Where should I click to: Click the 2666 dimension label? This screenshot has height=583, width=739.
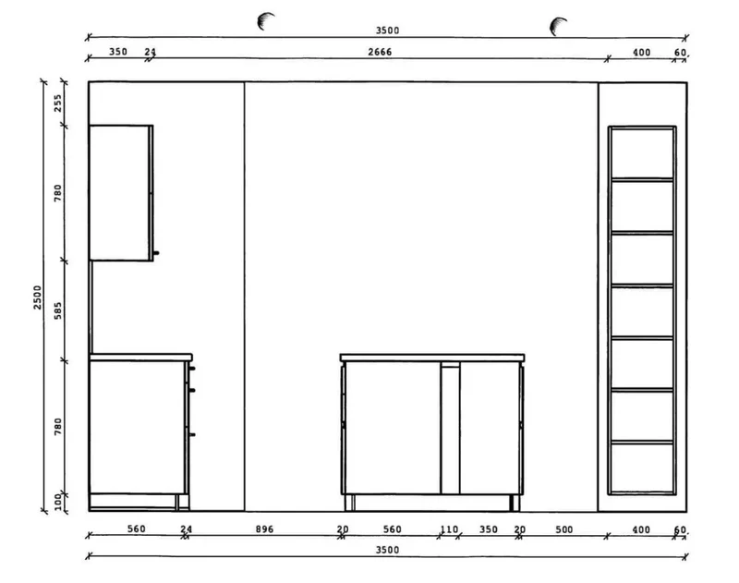[380, 52]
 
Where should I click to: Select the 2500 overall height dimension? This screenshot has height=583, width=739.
[38, 298]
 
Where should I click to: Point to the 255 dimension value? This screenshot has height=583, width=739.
[57, 103]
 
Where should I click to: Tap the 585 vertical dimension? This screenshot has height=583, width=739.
[57, 310]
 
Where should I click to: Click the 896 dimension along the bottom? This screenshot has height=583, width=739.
[264, 529]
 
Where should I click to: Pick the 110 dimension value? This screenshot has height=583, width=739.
[449, 529]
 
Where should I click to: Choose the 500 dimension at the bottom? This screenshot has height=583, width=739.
[564, 529]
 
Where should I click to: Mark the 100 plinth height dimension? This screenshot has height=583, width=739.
[57, 502]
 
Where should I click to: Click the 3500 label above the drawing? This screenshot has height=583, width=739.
[387, 30]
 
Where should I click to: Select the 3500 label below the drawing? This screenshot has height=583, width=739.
[387, 550]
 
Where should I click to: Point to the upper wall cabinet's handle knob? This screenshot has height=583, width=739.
[156, 253]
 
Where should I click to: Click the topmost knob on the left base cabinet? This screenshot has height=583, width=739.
[192, 369]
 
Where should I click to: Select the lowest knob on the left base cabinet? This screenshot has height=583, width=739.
[192, 434]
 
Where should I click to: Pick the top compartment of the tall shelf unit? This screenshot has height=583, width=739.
[642, 153]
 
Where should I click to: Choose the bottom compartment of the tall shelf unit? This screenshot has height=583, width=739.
[642, 468]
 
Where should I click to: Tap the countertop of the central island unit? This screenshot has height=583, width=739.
[432, 358]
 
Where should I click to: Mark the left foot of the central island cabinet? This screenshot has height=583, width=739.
[349, 503]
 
